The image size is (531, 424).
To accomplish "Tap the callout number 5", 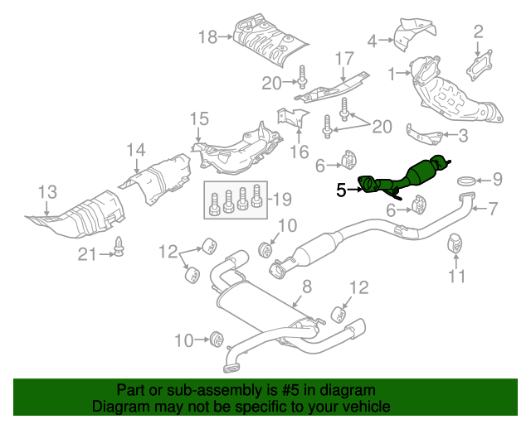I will (x=341, y=190).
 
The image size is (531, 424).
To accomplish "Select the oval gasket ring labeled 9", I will (x=467, y=179).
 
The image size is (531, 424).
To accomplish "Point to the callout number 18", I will (x=207, y=36).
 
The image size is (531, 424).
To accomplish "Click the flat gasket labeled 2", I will (x=478, y=69).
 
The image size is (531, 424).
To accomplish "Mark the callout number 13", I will (x=48, y=192).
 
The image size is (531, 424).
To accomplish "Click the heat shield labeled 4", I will (x=411, y=34).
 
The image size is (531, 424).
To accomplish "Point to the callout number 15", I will (x=198, y=119).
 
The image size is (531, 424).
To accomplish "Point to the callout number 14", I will (x=136, y=150).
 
